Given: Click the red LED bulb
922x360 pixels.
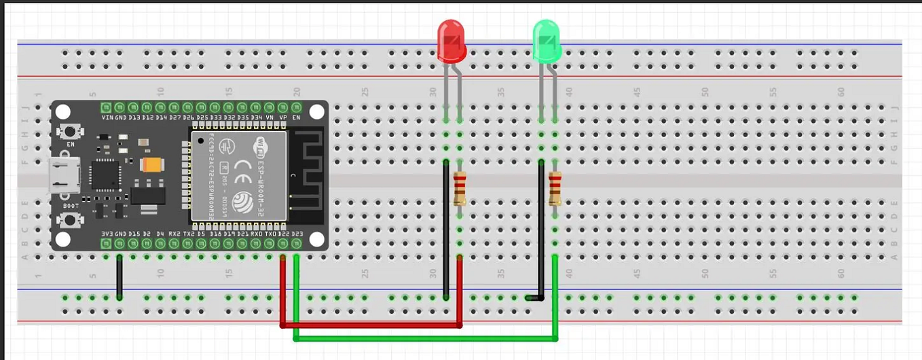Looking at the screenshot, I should (451, 40).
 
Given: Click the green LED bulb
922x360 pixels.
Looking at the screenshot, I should (547, 41).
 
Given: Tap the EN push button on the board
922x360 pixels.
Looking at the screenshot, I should (69, 132).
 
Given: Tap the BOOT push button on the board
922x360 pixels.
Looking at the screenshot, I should (69, 219).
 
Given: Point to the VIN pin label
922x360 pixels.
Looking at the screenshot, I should (107, 118).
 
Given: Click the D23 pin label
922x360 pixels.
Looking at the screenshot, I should (297, 234).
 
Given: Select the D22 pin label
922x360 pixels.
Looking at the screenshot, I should (283, 234).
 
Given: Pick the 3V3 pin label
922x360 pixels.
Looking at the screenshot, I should (107, 234).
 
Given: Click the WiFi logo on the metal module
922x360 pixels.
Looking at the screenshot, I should (263, 146).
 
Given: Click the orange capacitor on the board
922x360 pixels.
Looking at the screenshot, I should (151, 164).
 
